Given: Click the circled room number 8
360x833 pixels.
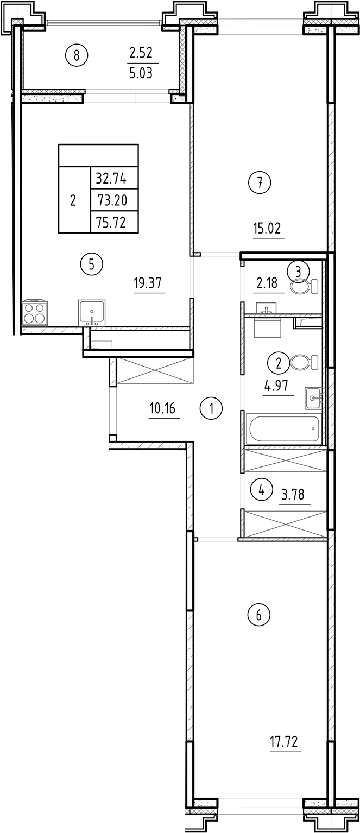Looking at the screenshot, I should (77, 54).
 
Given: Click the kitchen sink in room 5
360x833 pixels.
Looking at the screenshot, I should (92, 312).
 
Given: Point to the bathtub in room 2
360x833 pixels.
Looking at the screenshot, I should (283, 429).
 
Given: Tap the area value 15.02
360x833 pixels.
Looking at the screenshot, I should (267, 228).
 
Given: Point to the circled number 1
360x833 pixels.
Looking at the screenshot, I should (211, 408).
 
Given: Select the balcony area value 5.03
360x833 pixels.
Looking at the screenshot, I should (141, 73).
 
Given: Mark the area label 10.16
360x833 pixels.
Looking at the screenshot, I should (162, 408).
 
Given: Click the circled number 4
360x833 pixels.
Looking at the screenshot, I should (261, 491).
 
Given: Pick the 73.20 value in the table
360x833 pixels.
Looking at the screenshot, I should (111, 200).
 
